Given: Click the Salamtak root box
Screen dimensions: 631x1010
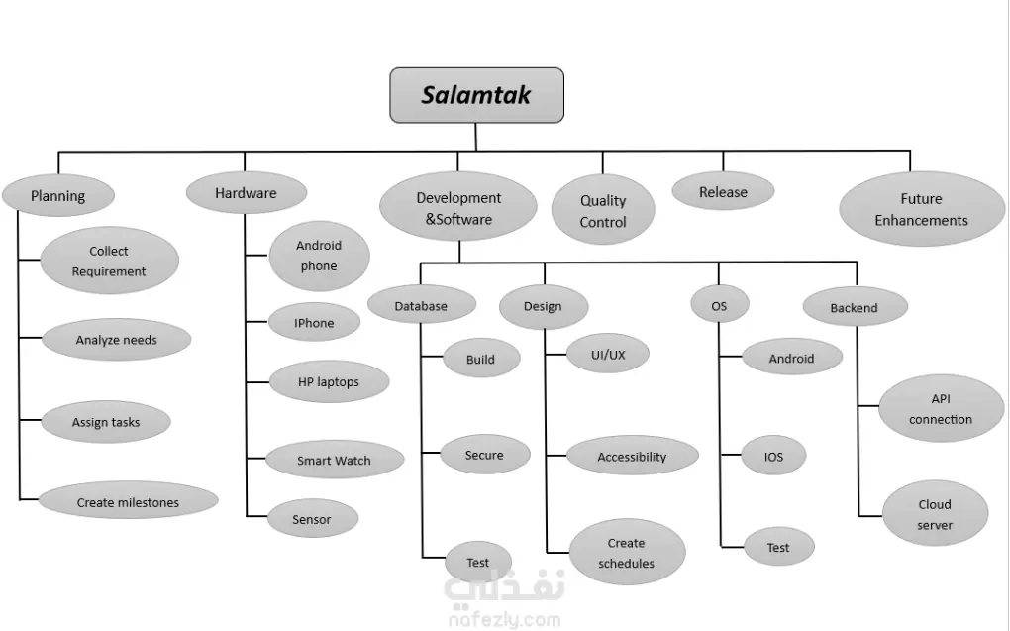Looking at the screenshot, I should click(476, 95).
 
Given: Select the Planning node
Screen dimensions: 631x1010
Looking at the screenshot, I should click(58, 195).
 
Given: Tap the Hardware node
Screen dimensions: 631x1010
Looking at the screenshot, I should click(246, 193).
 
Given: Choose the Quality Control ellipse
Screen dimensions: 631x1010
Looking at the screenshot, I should click(603, 211).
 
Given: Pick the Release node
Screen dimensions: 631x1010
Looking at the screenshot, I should click(723, 192).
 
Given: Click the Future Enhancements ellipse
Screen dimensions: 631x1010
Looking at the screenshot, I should click(921, 209).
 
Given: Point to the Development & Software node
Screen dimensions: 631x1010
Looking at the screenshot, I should click(458, 209).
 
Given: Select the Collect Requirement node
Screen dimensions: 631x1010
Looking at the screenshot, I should click(109, 262).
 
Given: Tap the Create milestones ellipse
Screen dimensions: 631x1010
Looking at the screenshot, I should click(129, 502).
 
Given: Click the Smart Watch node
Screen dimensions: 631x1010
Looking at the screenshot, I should click(335, 461).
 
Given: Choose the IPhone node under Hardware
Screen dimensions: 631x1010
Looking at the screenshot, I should click(314, 323).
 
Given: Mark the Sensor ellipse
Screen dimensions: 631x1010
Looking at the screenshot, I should click(312, 519).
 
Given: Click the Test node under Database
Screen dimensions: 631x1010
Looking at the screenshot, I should click(478, 563).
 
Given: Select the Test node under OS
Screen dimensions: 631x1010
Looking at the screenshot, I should click(778, 547).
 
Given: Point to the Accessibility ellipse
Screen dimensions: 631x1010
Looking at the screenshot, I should click(632, 457).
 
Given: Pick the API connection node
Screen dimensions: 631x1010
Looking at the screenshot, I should click(940, 408).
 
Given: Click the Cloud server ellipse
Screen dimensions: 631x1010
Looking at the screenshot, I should click(935, 514).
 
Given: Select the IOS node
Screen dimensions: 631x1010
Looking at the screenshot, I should click(774, 457).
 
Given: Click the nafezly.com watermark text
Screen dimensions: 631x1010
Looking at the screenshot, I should click(503, 620).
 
